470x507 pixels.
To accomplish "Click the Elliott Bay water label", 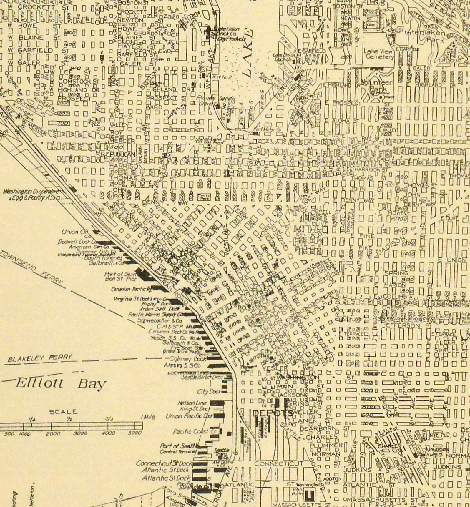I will click(60, 384).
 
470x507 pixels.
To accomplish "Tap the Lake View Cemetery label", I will click(378, 54).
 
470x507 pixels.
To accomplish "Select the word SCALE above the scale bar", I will click(63, 412).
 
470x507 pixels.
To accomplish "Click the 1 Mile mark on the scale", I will click(148, 417).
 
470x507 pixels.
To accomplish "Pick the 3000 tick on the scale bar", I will click(80, 433).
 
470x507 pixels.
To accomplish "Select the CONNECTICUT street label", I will click(278, 463).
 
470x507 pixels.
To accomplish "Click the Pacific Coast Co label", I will click(190, 432).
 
